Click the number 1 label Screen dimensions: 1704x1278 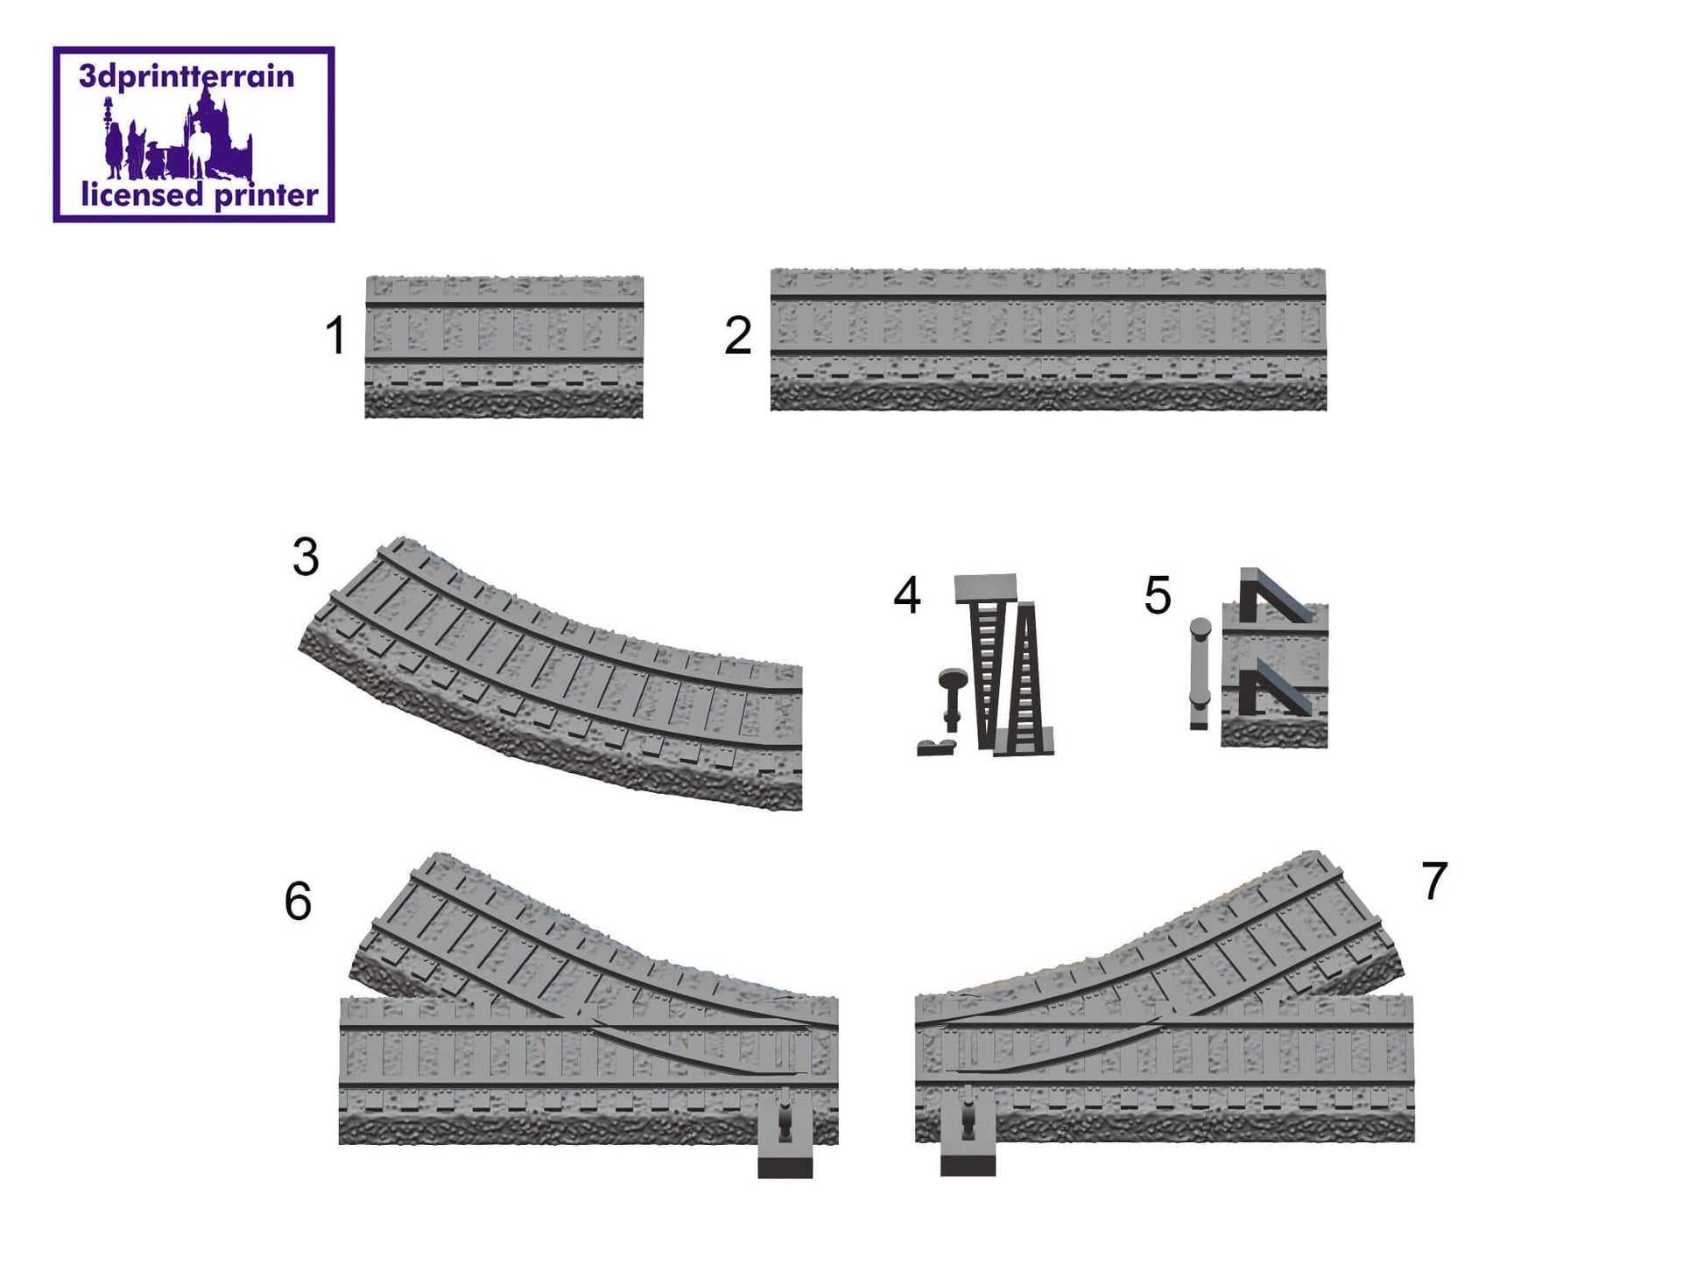point(335,335)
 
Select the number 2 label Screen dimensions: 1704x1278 point(738,335)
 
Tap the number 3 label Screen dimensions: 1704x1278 point(306,557)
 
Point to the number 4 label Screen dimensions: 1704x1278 point(907,595)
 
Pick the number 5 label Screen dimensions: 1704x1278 point(1158,595)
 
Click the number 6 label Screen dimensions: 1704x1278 point(298,901)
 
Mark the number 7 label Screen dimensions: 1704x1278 point(1434,881)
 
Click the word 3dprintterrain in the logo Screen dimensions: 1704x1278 point(187,77)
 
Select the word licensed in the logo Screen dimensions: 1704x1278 point(142,194)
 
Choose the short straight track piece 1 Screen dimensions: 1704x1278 point(503,347)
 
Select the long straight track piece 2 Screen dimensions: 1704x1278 point(1048,340)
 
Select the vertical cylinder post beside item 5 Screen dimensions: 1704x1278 point(1200,672)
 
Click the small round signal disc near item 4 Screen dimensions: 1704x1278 point(952,679)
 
